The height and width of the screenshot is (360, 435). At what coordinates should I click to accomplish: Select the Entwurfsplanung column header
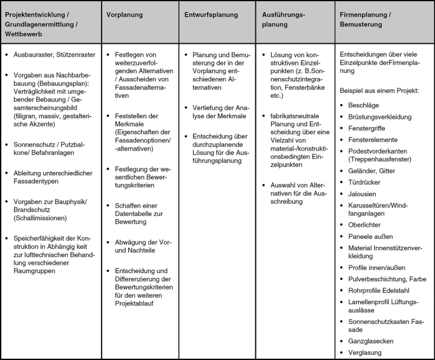[x=211, y=14]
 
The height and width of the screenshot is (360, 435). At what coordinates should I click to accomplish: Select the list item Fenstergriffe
[x=369, y=128]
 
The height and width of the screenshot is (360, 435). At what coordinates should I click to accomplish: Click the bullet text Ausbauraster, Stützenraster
[x=54, y=55]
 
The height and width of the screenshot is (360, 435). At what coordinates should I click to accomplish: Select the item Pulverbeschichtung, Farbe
[x=387, y=279]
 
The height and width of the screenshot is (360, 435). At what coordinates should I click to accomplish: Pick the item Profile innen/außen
[x=377, y=268]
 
